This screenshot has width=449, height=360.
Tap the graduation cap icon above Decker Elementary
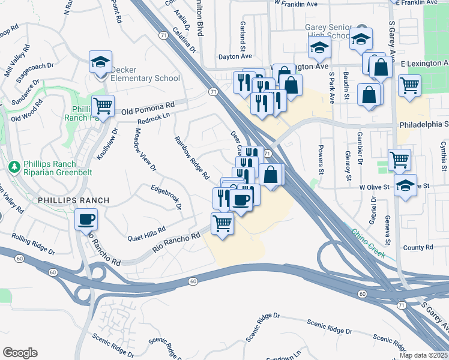[x=100, y=62]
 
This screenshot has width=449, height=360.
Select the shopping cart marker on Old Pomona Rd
[x=103, y=106]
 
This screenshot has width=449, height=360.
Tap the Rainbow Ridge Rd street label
[x=191, y=158]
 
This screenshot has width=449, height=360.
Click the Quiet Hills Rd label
[x=146, y=234]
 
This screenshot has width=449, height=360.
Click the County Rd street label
[x=418, y=247]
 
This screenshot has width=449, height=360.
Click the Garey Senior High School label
[x=327, y=31]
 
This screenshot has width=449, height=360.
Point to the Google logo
[x=20, y=353]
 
